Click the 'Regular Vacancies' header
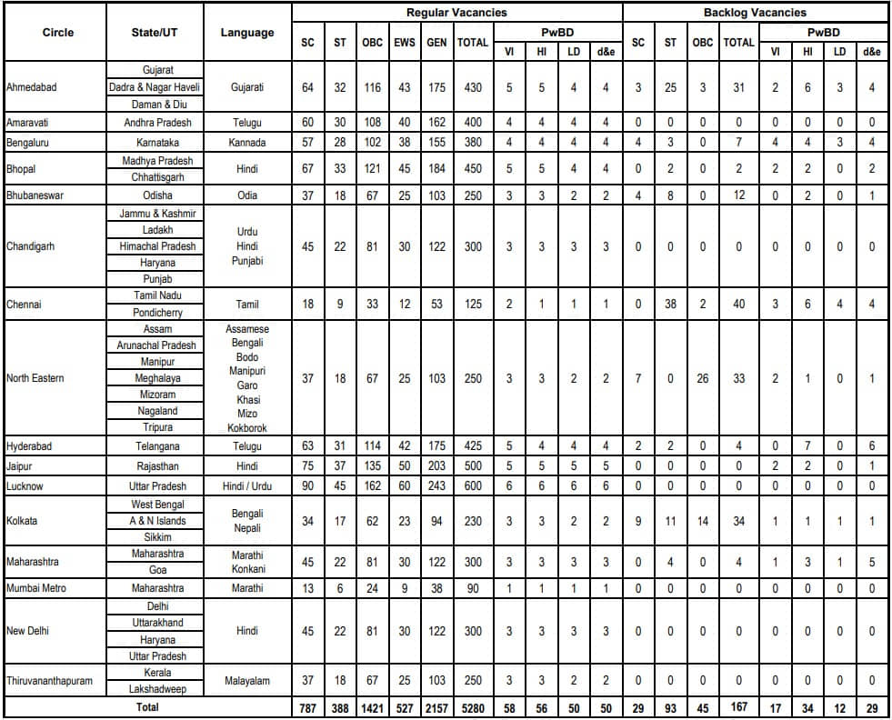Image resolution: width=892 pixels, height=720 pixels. (x=456, y=13)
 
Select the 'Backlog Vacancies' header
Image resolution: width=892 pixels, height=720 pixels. (x=755, y=13)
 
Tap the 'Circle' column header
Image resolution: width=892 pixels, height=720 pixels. (x=57, y=33)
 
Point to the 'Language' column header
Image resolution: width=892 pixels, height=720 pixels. (x=247, y=33)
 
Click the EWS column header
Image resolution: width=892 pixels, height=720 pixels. (x=405, y=43)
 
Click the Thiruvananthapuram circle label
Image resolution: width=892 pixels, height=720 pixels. (x=49, y=681)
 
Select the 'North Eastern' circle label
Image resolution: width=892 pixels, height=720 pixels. (x=35, y=378)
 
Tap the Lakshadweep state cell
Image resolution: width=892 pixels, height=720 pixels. (x=152, y=690)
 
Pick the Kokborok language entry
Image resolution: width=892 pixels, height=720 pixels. (x=247, y=427)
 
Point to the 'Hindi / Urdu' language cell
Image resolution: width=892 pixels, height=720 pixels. (x=247, y=486)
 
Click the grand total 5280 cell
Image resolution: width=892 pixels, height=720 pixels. (x=473, y=708)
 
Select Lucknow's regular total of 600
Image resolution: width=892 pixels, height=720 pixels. (x=473, y=486)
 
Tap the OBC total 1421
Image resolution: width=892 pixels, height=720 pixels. (x=372, y=708)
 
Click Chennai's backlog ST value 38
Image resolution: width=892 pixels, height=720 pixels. (x=670, y=305)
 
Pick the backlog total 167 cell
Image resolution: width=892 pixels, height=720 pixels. (x=738, y=708)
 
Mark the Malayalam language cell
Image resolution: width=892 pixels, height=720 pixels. (x=247, y=681)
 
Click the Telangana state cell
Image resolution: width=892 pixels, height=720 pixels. (x=152, y=446)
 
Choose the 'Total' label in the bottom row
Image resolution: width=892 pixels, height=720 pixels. (x=148, y=707)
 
